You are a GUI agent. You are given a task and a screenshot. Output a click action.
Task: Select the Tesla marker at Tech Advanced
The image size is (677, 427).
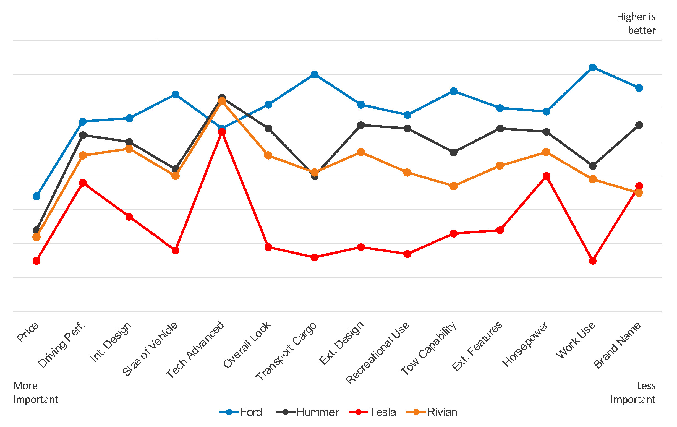(x=222, y=132)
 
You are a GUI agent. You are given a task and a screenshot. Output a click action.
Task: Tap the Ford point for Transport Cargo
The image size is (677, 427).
(x=315, y=74)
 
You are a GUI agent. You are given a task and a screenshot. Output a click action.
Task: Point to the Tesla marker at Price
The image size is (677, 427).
(x=36, y=261)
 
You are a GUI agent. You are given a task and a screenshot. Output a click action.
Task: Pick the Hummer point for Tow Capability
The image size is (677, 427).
(x=453, y=152)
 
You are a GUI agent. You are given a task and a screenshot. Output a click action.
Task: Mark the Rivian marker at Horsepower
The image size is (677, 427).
(x=546, y=152)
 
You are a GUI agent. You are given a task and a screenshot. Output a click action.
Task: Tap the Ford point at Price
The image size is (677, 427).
(x=36, y=196)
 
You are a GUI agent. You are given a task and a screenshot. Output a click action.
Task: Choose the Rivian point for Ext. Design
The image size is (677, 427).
(x=361, y=152)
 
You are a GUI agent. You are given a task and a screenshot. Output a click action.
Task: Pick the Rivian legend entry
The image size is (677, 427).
(x=442, y=412)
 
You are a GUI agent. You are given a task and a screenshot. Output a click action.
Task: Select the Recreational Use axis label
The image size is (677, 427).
(x=377, y=352)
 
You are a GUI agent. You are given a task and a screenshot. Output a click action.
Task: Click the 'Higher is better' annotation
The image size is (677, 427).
(x=636, y=24)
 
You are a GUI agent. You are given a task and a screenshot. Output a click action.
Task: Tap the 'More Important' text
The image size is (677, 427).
(x=36, y=392)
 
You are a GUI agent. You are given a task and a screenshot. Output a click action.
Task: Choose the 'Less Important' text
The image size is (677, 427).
(x=633, y=392)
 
